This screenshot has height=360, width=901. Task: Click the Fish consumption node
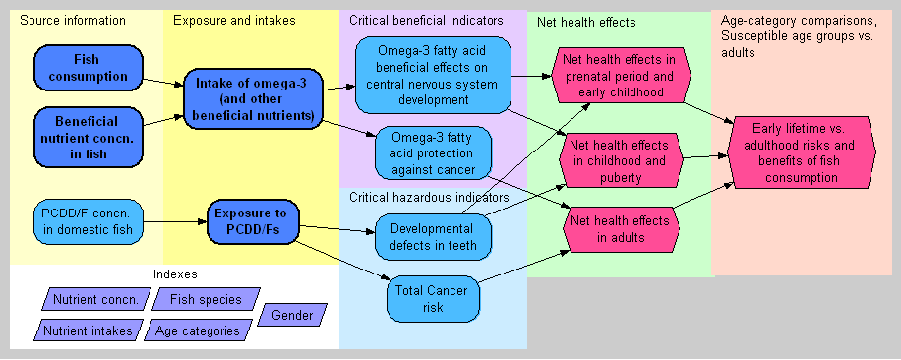click(x=88, y=68)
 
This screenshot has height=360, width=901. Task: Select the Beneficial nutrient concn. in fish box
click(x=88, y=138)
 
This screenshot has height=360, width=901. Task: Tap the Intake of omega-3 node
click(x=252, y=99)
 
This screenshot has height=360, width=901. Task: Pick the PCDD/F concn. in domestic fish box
click(x=88, y=222)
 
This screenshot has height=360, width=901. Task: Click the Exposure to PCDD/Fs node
click(x=254, y=222)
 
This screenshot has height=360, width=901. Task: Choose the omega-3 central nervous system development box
click(x=433, y=75)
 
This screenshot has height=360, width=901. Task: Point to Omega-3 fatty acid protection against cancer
click(x=433, y=153)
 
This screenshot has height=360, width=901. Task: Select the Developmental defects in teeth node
click(x=433, y=236)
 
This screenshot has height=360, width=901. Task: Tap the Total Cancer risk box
click(x=433, y=299)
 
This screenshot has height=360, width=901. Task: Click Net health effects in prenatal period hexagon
click(x=621, y=75)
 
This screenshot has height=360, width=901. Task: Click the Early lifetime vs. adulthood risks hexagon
click(x=802, y=152)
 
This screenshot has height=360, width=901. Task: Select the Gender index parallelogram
click(x=292, y=315)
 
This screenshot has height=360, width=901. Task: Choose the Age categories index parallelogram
click(x=198, y=330)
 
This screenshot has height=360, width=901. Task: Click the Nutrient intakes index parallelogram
click(x=88, y=330)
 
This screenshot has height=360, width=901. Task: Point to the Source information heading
click(x=73, y=21)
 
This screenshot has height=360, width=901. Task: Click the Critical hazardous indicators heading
click(x=429, y=198)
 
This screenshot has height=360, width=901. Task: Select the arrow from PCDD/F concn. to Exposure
click(x=175, y=221)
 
